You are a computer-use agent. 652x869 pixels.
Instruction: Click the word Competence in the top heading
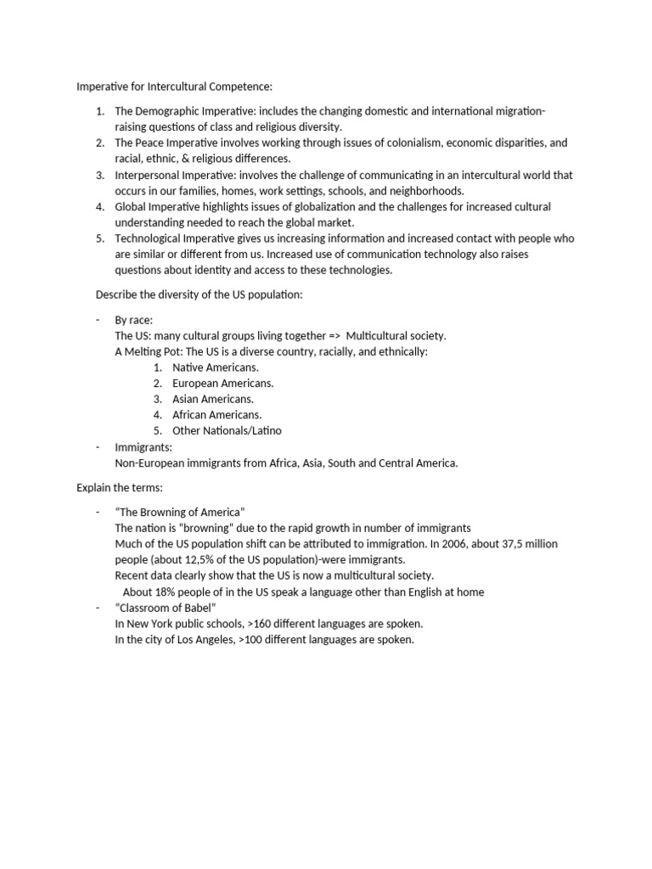(x=244, y=87)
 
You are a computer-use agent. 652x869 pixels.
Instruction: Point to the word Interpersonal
(x=149, y=175)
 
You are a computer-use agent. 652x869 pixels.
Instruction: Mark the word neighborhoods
(x=424, y=191)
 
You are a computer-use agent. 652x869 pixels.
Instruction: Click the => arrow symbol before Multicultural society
(x=334, y=335)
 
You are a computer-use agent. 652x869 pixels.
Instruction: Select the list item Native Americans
(x=216, y=367)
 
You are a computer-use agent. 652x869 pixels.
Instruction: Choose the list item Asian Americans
(x=212, y=399)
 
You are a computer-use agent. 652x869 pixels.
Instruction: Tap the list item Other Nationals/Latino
(x=227, y=430)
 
